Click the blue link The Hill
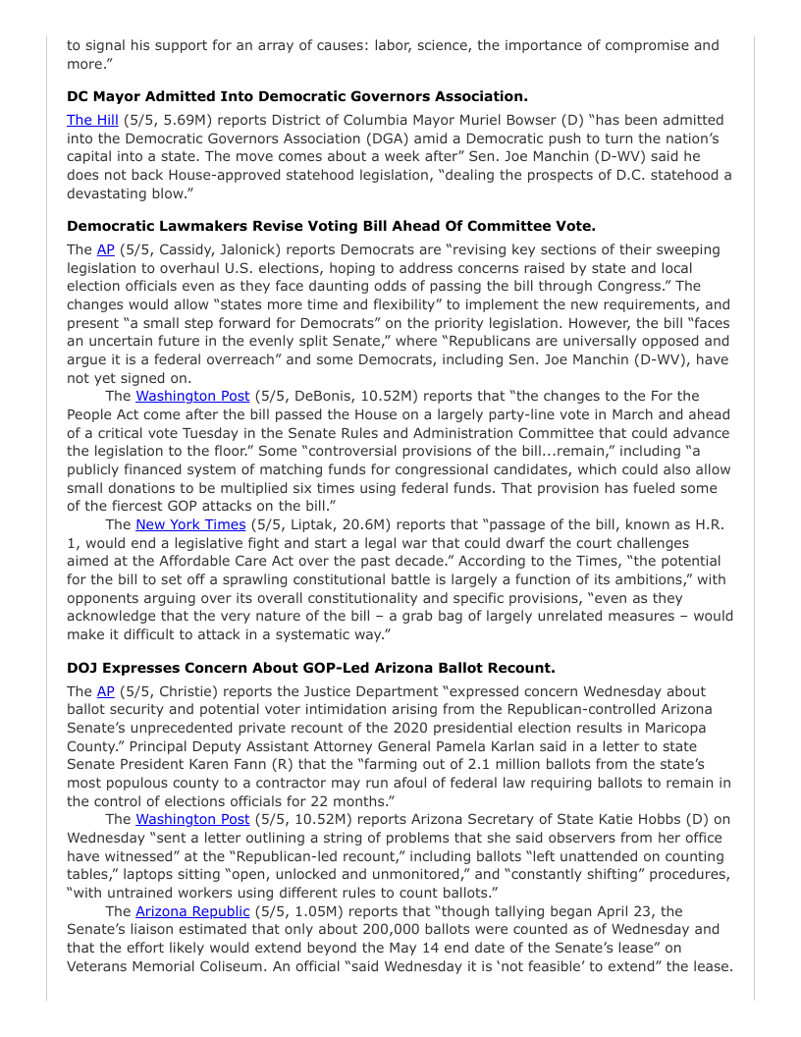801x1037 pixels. (91, 120)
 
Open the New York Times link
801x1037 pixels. (189, 524)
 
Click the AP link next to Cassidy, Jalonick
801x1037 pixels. (105, 249)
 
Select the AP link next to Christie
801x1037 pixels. (105, 691)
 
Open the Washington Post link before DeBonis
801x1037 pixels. (192, 396)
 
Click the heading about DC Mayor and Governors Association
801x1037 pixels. (297, 96)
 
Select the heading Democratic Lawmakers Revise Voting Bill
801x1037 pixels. (331, 226)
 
